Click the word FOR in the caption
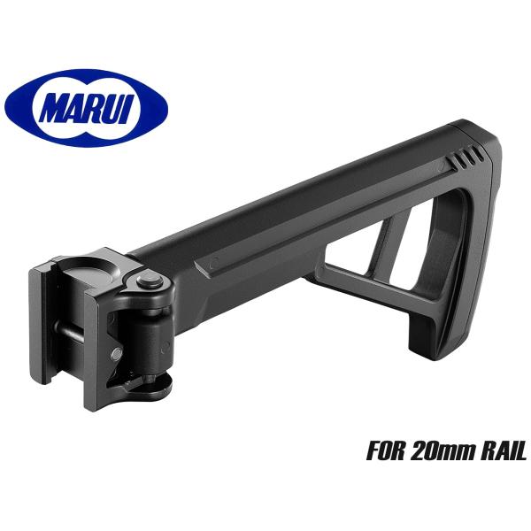[x=386, y=450]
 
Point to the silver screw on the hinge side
[x=117, y=355]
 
